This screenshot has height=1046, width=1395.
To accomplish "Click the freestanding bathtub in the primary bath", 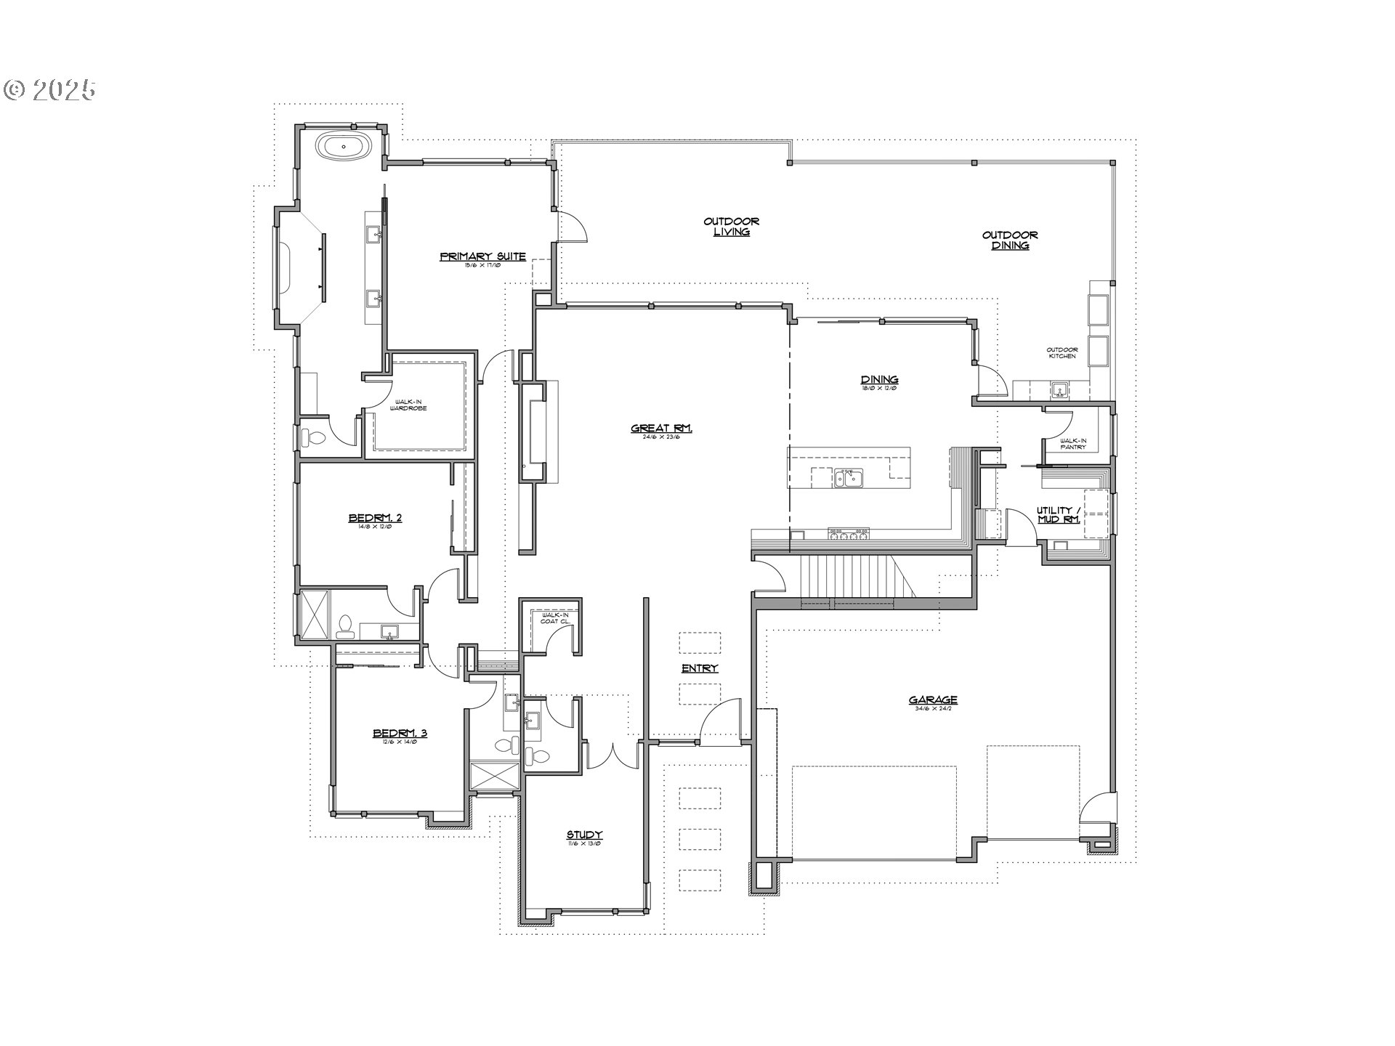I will [x=344, y=147].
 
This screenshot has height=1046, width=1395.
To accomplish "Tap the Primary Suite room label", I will [x=482, y=257].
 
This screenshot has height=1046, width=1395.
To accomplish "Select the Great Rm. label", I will [x=661, y=429].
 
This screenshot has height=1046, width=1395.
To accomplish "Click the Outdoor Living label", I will [x=732, y=227].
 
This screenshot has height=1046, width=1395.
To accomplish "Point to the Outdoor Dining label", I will [x=1010, y=240].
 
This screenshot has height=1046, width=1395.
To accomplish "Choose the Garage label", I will [x=933, y=700].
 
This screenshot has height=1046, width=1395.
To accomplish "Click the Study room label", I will [x=585, y=835].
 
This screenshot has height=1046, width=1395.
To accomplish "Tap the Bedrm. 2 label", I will [x=375, y=518].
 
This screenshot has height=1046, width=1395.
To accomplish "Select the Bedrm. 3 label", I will [x=400, y=733].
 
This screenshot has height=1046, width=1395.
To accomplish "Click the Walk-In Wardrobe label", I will [x=411, y=405].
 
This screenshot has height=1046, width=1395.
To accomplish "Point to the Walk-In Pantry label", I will [x=1072, y=443].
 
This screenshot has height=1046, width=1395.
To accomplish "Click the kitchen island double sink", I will [x=848, y=478].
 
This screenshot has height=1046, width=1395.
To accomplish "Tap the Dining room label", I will [x=879, y=380].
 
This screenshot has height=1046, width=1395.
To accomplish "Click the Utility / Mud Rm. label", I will [x=1058, y=515].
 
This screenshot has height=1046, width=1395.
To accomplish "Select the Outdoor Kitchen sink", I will [x=1060, y=391].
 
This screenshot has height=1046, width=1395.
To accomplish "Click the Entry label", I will [x=700, y=668].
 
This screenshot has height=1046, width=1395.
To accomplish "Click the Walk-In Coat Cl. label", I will [x=555, y=618].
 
